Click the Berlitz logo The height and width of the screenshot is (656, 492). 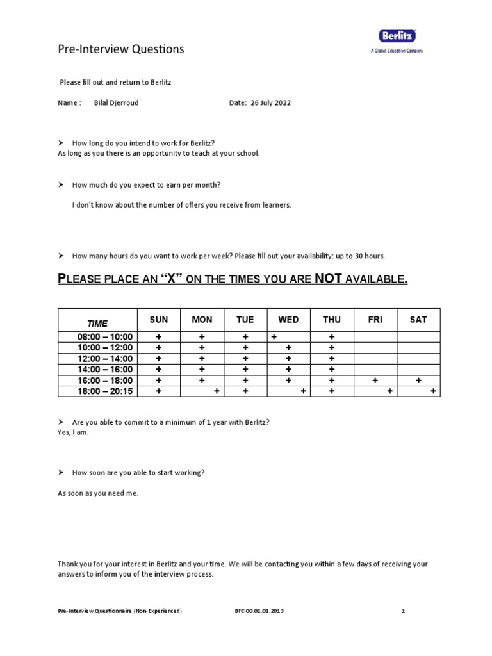(397, 37)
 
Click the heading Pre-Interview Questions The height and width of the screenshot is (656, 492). (120, 49)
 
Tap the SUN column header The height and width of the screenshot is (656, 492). (159, 320)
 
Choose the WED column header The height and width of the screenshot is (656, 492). (288, 320)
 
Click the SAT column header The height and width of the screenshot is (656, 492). (418, 320)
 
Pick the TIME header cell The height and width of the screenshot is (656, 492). (97, 323)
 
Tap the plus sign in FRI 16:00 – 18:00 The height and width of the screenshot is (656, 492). (375, 381)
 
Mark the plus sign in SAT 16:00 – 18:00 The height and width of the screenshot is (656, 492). (418, 381)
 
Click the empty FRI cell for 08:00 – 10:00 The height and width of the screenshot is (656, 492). (375, 337)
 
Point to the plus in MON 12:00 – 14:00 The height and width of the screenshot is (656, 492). (202, 359)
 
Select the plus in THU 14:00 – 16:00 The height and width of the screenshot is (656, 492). (332, 370)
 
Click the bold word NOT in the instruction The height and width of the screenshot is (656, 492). (330, 279)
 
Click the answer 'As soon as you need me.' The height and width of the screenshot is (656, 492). (98, 493)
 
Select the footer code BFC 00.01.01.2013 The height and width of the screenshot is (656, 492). (259, 611)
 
